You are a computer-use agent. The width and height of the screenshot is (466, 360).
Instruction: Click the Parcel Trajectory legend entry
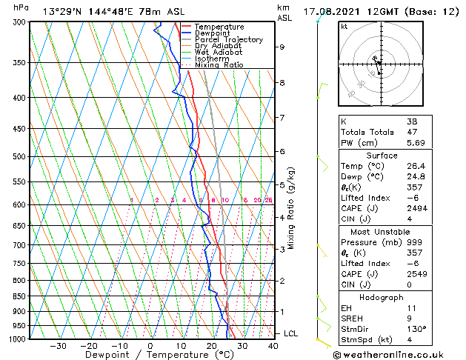pos(228,39)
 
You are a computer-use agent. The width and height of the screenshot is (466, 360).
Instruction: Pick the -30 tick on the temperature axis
pos(58,346)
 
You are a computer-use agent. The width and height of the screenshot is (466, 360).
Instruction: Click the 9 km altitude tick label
pos(282,47)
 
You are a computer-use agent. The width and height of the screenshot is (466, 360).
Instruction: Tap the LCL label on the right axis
pos(290,334)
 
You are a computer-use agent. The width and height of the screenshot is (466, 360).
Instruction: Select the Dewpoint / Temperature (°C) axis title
pos(148,355)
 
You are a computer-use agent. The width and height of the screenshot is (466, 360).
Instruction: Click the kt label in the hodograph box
pos(344,26)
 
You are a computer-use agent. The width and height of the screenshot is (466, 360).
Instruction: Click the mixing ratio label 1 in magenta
pos(131,200)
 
